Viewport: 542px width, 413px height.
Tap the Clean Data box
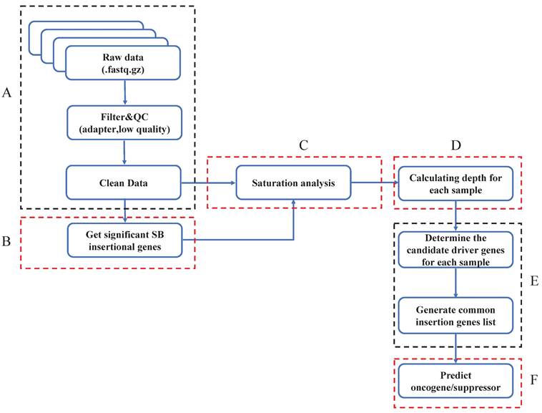pos(122,183)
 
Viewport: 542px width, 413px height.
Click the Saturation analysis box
pos(295,183)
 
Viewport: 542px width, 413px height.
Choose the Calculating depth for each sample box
pos(455,183)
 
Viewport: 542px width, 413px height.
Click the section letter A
pos(9,93)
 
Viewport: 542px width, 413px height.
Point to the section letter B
pos(9,242)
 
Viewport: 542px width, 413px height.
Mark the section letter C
pos(303,145)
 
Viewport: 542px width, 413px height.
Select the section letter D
pos(455,145)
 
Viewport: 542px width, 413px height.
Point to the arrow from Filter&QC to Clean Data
pos(126,152)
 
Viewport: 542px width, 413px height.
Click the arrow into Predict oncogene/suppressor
pos(455,350)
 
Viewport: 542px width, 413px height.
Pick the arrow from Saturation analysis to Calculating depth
pos(375,183)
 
